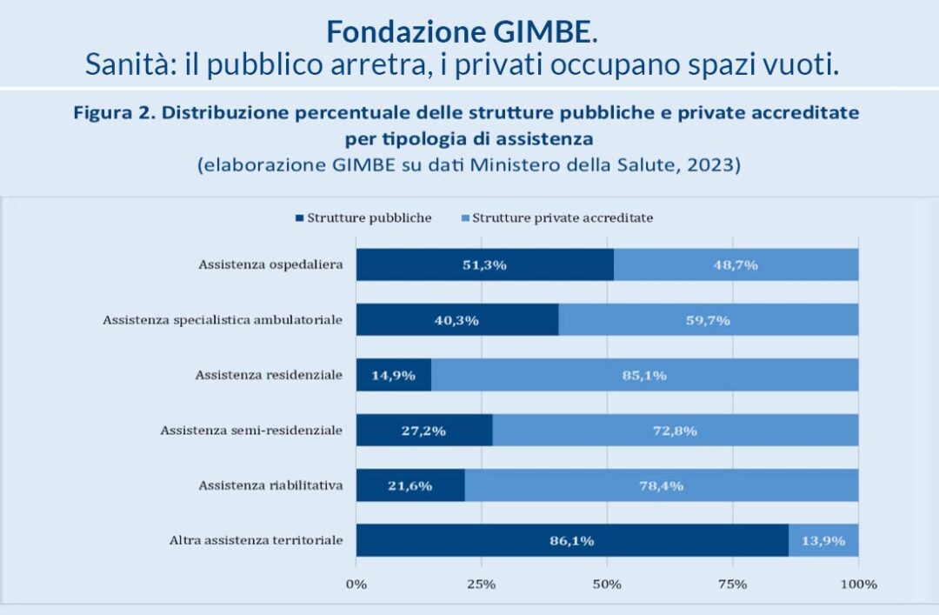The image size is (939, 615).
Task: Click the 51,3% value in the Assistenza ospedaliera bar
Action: click(x=484, y=264)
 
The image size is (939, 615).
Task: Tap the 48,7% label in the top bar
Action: click(x=736, y=264)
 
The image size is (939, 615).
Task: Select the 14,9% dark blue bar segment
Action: click(x=393, y=375)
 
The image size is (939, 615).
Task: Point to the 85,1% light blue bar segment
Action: click(x=644, y=375)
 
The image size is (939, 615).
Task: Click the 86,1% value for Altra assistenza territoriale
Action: click(x=571, y=540)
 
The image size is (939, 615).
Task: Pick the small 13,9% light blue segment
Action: click(x=822, y=540)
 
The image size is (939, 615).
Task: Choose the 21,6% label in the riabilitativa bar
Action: click(x=410, y=485)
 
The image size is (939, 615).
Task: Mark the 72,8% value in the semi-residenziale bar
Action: click(x=675, y=431)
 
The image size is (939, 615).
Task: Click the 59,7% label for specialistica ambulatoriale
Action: click(x=708, y=320)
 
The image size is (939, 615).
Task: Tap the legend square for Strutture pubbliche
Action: click(x=300, y=218)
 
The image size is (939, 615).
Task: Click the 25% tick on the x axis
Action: click(x=482, y=584)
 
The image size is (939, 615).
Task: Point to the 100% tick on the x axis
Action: click(x=858, y=584)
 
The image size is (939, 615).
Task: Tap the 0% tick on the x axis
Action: click(x=356, y=584)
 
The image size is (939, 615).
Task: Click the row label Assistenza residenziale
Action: click(x=269, y=375)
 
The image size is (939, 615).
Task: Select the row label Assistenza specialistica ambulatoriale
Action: click(x=223, y=320)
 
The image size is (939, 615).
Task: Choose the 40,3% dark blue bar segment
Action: click(x=456, y=320)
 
